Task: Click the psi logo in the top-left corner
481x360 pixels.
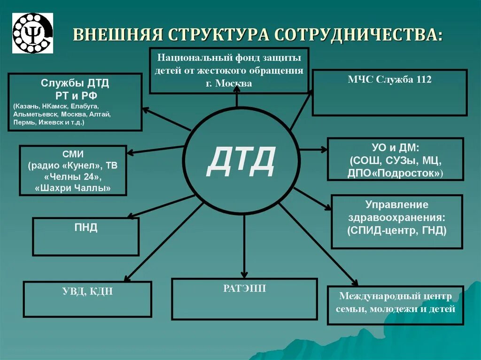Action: pos(32,33)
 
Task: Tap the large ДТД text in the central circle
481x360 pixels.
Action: pos(241,161)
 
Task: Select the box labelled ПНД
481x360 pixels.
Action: pos(85,236)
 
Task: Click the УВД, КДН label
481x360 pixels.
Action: pos(88,291)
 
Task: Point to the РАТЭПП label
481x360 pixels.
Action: pos(244,288)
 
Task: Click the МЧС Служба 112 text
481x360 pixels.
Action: pos(389,80)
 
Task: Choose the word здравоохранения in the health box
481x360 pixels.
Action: pos(397,218)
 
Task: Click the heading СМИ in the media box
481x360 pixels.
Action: pos(73,154)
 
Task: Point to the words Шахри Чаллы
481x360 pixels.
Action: pos(73,188)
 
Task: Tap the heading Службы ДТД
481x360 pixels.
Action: pos(75,84)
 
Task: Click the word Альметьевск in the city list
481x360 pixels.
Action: pos(36,114)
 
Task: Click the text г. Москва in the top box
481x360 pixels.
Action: pos(229,84)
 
